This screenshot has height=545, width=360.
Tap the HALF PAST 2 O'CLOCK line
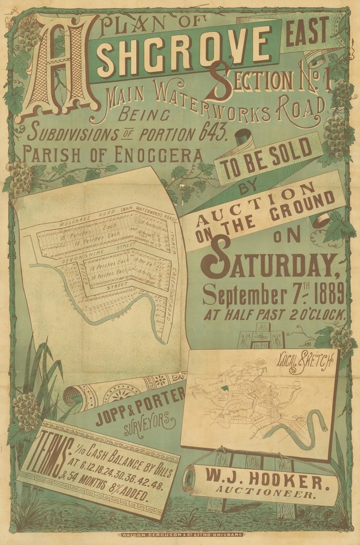pos(277,315)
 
